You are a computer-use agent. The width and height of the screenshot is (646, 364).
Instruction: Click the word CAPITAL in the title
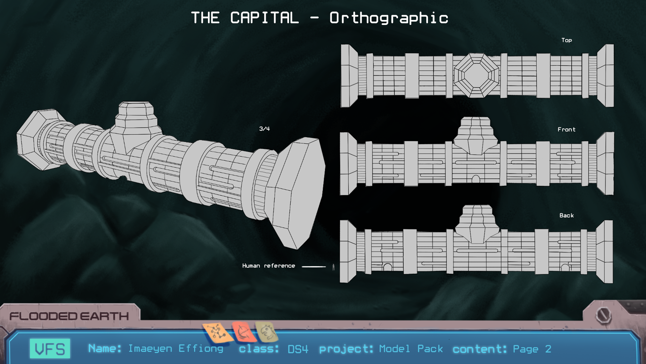264,18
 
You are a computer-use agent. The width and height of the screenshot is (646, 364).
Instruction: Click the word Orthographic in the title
389,18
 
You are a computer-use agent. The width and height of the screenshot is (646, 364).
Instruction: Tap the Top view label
567,40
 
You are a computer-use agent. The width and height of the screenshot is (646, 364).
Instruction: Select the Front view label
567,129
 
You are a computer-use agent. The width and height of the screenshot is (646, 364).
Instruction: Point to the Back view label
567,215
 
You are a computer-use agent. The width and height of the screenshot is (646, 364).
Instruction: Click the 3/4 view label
264,129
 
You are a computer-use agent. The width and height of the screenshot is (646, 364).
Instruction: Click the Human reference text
268,266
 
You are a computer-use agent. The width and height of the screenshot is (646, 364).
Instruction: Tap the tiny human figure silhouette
333,267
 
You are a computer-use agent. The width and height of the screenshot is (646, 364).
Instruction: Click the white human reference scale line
314,267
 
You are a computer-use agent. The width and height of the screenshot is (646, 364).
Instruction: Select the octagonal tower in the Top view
476,75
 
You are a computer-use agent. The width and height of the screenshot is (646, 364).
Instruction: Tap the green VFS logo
50,348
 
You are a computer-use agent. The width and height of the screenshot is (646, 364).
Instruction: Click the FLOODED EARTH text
69,316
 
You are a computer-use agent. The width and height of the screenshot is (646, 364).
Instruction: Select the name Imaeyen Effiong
176,348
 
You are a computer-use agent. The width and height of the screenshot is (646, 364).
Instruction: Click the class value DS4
298,349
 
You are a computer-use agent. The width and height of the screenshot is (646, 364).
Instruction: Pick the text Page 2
532,349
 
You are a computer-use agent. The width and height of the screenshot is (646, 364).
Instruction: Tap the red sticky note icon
242,332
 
